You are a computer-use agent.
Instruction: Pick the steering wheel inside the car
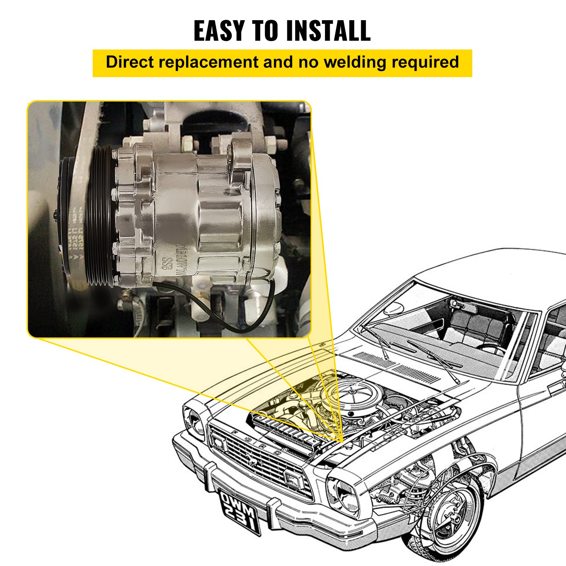pos(492,349)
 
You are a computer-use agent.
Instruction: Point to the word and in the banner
pos(278,62)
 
